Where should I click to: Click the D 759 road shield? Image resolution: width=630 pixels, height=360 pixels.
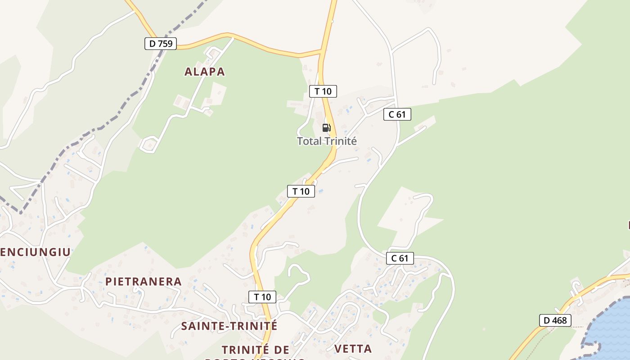tap(161, 44)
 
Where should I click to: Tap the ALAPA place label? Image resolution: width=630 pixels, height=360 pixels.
tap(205, 72)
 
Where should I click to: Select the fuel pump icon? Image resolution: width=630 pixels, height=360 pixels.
tap(326, 127)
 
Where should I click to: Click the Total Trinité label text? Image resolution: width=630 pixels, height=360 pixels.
tap(327, 141)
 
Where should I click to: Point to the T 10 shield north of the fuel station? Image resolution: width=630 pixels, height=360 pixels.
tap(323, 91)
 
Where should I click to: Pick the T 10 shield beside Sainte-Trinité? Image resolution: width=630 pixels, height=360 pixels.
tap(262, 297)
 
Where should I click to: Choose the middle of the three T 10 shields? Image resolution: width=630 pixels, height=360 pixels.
tap(301, 191)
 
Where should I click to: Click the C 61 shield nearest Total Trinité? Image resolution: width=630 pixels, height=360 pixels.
tap(397, 114)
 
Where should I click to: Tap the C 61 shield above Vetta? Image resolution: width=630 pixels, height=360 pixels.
tap(400, 258)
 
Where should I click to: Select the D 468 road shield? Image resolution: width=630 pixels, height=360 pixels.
tap(555, 320)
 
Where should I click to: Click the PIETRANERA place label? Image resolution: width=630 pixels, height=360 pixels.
tap(144, 282)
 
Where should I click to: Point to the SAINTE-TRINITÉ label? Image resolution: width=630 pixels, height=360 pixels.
tap(229, 326)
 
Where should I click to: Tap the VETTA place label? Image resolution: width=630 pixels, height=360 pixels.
tap(353, 348)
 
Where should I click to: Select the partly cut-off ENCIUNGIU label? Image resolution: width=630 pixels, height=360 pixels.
tap(35, 252)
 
